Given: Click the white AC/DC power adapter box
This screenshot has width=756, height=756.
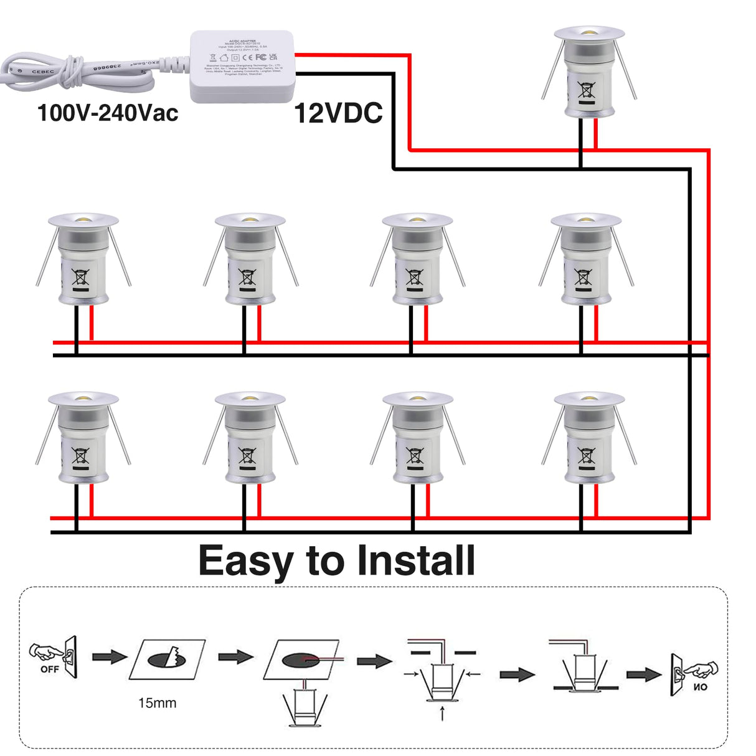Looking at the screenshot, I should pos(242,66).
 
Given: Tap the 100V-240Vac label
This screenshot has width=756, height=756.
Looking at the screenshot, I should pos(108,113).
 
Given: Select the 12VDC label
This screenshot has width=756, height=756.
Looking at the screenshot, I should pos(338,113).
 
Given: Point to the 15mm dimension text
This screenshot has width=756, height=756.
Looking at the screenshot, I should pos(157,703).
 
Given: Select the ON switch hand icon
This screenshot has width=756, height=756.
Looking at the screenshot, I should pos(693,674).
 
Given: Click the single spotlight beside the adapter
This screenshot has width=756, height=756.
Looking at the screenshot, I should pos(588,72).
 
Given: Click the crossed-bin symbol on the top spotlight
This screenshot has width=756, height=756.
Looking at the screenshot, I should pos(587,92).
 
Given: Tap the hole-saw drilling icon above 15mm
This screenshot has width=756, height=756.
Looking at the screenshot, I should pos(167,659).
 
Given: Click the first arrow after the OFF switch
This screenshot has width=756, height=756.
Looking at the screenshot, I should pos(110,657).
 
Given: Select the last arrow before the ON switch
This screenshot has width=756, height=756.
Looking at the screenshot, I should pos(644,674).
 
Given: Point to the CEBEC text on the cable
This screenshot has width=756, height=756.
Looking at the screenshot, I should pos(43,72).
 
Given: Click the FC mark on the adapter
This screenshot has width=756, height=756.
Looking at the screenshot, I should pos(261,57).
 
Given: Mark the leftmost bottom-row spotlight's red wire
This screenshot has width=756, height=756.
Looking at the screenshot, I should pos(92,501).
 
